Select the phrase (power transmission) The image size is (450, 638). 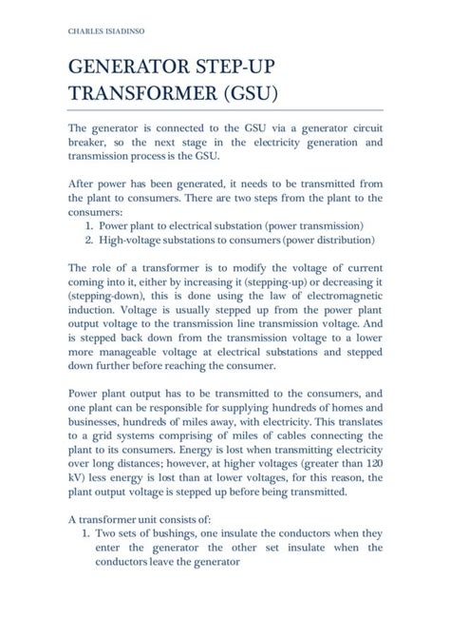[x=314, y=226]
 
